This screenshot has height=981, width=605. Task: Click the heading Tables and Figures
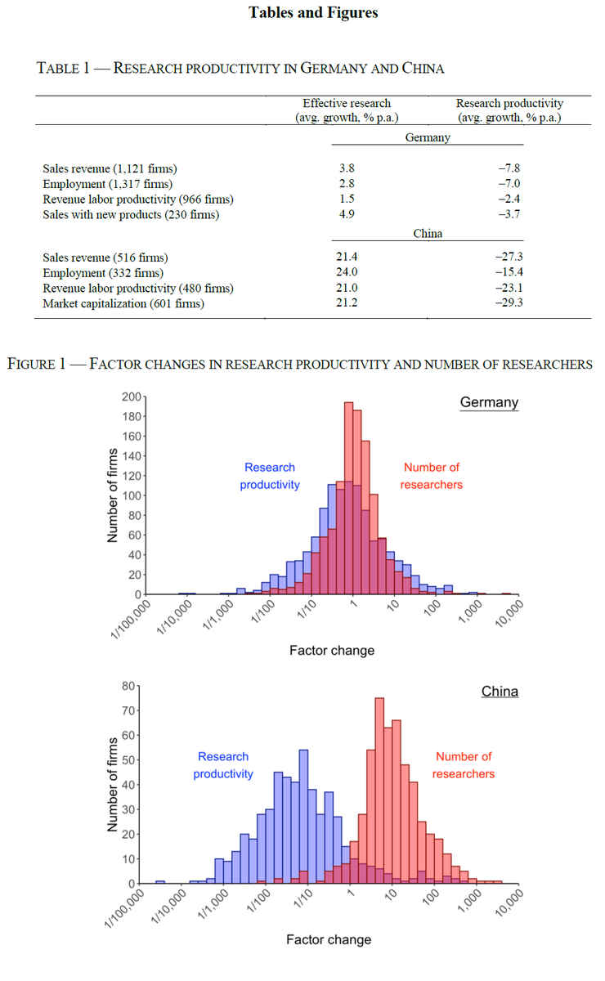[x=313, y=13]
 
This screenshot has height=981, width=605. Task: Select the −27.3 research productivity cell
[x=509, y=257]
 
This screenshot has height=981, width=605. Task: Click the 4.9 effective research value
[x=347, y=214]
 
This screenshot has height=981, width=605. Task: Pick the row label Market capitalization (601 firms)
[x=123, y=303]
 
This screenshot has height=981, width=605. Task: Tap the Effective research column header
[x=347, y=110]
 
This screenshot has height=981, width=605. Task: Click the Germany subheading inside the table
[x=428, y=137]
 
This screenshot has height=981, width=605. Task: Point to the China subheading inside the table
[x=428, y=234]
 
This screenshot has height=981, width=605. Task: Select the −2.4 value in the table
[x=509, y=199]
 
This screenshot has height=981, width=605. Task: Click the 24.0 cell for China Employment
[x=347, y=272]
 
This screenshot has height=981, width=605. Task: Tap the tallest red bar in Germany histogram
[x=349, y=498]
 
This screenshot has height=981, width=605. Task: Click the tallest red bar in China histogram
[x=379, y=791]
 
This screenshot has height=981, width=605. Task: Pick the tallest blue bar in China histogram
[x=303, y=817]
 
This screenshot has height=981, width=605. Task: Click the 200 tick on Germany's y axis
[x=131, y=396]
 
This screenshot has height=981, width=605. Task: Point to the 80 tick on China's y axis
[x=128, y=686]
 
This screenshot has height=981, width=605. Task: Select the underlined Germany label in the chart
[x=489, y=402]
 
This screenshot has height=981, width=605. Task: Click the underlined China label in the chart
[x=500, y=692]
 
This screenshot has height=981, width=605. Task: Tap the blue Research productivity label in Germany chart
[x=270, y=476]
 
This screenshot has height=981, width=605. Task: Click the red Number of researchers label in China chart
[x=464, y=765]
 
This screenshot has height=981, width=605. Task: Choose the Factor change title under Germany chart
[x=332, y=651]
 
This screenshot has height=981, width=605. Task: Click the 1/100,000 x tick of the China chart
[x=124, y=908]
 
